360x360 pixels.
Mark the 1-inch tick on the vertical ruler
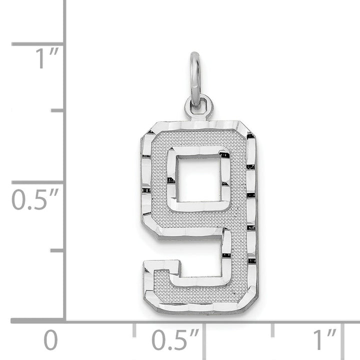click(38, 44)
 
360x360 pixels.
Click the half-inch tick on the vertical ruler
click(38, 182)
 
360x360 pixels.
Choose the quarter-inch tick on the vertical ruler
click(58, 250)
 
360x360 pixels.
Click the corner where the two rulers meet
click(65, 320)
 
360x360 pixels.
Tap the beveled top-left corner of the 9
click(145, 132)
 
